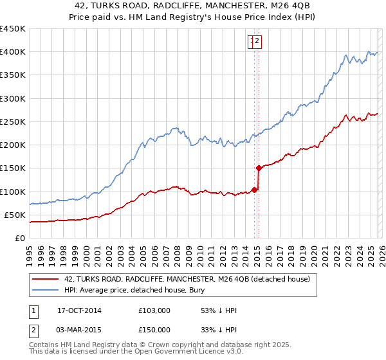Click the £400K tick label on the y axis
click(13, 52)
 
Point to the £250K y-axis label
click(13, 122)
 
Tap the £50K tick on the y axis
click(15, 215)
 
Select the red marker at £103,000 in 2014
click(254, 190)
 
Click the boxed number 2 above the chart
click(257, 42)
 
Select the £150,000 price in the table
click(154, 330)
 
